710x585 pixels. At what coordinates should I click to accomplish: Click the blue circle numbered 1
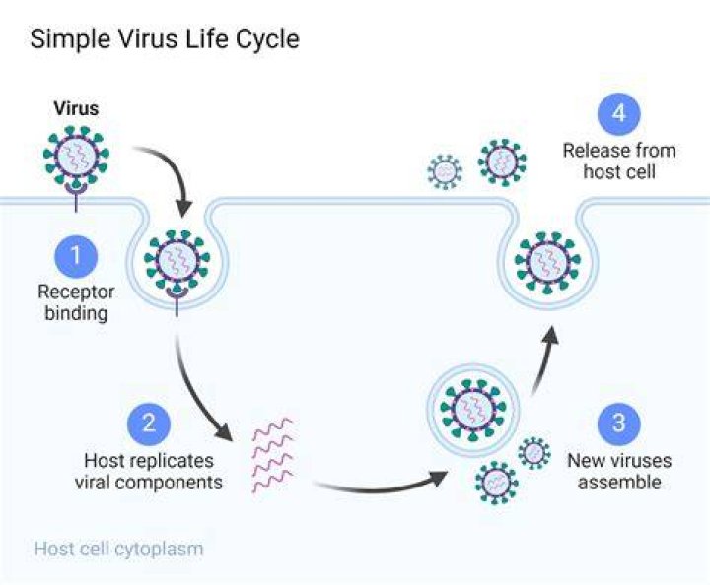click(x=76, y=256)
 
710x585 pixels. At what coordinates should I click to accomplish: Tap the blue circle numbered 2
click(x=149, y=424)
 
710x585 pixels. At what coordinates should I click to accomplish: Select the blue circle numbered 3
click(x=619, y=424)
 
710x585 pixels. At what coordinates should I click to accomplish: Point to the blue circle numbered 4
click(x=619, y=114)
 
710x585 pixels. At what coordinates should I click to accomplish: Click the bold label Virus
click(x=76, y=108)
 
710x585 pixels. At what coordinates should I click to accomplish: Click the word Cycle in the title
click(x=267, y=39)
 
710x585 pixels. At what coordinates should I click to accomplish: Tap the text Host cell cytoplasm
click(x=118, y=549)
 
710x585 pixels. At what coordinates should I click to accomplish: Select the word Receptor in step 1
click(x=76, y=292)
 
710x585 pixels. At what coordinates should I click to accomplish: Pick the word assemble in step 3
click(x=619, y=482)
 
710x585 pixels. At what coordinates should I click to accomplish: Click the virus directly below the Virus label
click(x=76, y=156)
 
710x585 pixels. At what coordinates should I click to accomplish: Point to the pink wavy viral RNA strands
click(x=273, y=456)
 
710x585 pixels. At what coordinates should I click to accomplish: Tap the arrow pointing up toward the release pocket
click(x=544, y=358)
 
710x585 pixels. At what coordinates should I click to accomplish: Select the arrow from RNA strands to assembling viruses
click(x=381, y=486)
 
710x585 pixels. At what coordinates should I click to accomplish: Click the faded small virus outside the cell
click(x=445, y=171)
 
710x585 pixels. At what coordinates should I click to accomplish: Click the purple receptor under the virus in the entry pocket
click(x=177, y=300)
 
